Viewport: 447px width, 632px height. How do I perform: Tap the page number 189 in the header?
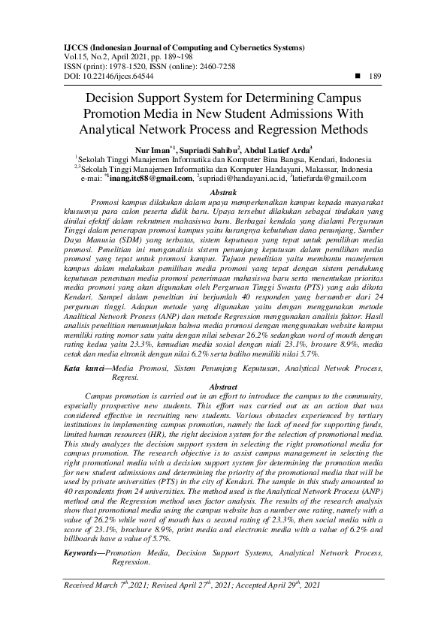(x=376, y=76)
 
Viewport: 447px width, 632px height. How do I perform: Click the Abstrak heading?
(x=223, y=193)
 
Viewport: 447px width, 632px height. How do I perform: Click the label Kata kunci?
(x=80, y=369)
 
